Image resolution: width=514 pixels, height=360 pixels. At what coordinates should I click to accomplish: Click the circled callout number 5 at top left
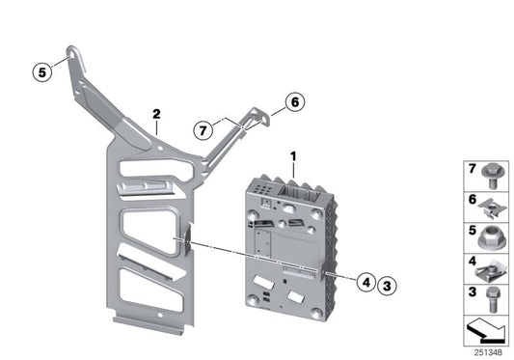coord(40,70)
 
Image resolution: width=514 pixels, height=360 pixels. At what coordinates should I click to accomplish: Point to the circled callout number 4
coord(365,284)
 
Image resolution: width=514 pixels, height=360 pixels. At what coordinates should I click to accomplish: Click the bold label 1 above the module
coord(294,155)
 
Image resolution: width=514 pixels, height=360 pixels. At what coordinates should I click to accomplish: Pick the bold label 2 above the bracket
coord(156,115)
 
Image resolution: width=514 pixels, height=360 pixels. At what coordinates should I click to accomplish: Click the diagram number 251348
coord(489,350)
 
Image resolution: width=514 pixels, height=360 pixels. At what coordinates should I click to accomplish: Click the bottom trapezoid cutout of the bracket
coord(145,291)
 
